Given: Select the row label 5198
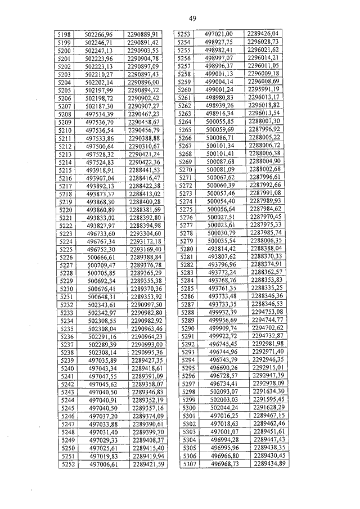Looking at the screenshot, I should (x=64, y=35).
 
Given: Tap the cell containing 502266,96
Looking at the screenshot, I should (x=98, y=35).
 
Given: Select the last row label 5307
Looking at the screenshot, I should (x=189, y=463).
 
